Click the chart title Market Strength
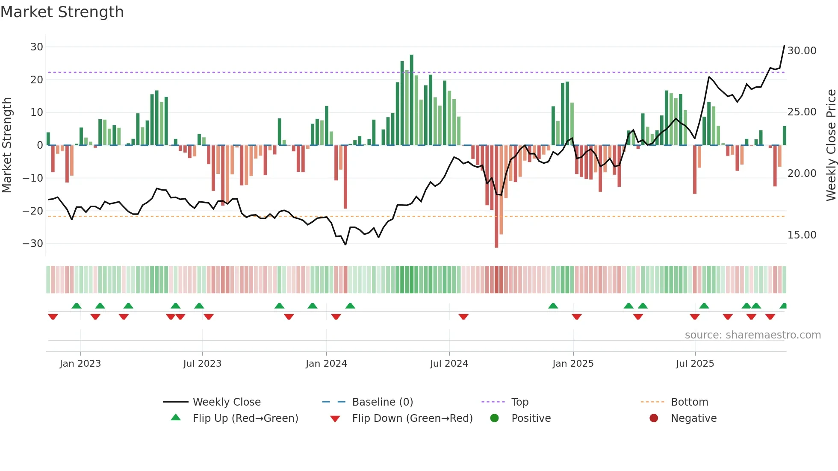pyautogui.click(x=62, y=12)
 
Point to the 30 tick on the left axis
pyautogui.click(x=37, y=47)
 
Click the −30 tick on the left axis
pyautogui.click(x=33, y=244)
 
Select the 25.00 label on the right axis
pyautogui.click(x=802, y=112)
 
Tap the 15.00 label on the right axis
pyautogui.click(x=802, y=235)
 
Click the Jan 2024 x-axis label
pyautogui.click(x=326, y=364)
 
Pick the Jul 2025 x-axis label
pyautogui.click(x=695, y=364)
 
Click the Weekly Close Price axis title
pyautogui.click(x=831, y=145)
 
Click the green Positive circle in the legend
pyautogui.click(x=495, y=418)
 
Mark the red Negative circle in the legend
pyautogui.click(x=654, y=418)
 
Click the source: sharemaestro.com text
pyautogui.click(x=752, y=335)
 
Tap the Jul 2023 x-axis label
pyautogui.click(x=202, y=364)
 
